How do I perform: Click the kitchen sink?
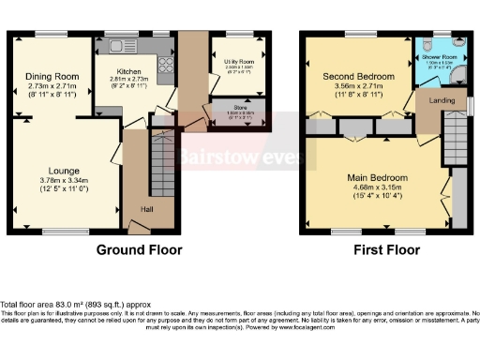point(120,43)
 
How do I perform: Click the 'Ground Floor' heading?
point(139,250)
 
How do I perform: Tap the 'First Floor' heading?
point(382,250)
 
